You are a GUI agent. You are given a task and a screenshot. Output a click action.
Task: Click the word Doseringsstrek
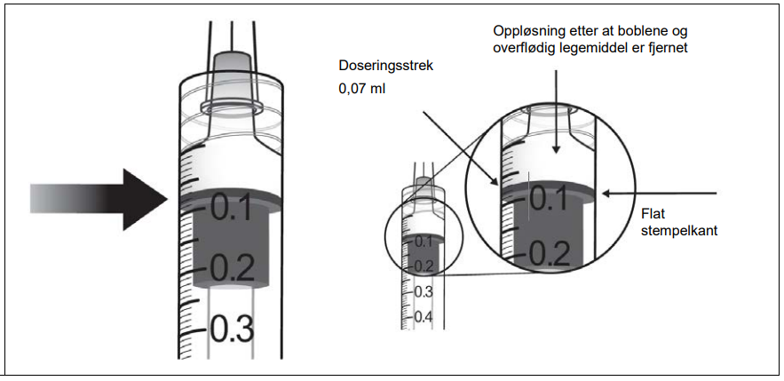(384, 66)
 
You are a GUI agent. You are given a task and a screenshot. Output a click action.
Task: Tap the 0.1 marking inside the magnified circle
(549, 201)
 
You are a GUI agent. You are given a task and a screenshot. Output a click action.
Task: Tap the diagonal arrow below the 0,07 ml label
(456, 147)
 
